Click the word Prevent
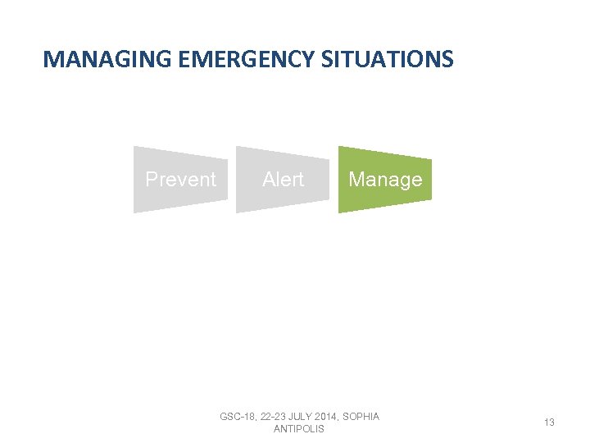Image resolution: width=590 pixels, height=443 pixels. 180,179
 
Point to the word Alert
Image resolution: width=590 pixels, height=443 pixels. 283,179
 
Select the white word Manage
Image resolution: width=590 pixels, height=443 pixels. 385,179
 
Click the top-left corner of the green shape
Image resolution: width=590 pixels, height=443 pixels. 339,147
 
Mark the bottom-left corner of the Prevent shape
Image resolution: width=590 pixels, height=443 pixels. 134,212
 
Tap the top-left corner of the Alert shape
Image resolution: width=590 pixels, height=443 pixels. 237,147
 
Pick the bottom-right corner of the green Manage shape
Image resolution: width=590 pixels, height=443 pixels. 431,200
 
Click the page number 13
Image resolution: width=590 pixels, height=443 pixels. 549,422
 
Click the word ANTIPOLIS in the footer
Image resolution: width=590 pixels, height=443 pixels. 299,429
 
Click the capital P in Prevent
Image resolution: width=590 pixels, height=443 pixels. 151,179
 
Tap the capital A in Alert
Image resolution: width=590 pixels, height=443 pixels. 268,179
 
